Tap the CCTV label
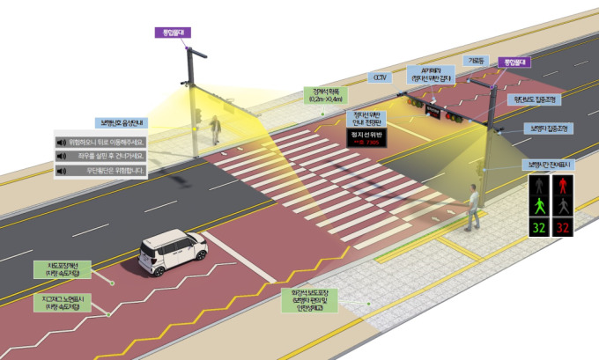tap(381, 77)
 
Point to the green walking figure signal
tap(537, 206)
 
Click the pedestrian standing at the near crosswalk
tap(475, 208)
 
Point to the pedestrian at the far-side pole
tap(214, 129)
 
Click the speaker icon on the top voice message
tap(62, 141)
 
